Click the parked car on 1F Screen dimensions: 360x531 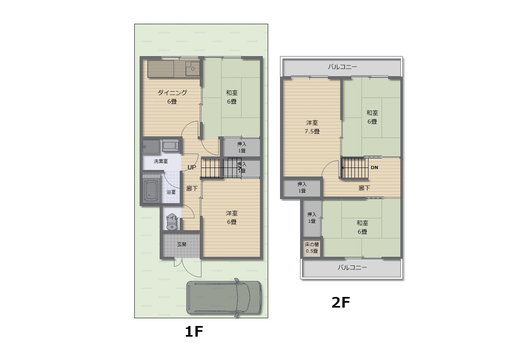coord(224,298)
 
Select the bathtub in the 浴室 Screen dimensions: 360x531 coord(151,190)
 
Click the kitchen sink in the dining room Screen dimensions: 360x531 coord(192,68)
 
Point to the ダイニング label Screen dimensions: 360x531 coord(172,93)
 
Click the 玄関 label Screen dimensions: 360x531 coord(182,245)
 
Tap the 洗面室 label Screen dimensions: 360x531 coord(161,161)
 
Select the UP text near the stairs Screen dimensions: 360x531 coord(192,167)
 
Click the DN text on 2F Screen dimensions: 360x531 coord(375,168)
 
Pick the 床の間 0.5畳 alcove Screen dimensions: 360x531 coord(312,248)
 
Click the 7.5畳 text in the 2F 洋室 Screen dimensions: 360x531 coord(312,131)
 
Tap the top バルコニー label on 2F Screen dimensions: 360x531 coord(342,67)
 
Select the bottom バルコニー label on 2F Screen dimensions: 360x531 coord(352,268)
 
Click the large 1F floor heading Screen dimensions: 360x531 coord(194,332)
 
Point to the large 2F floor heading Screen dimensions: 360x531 coord(341,303)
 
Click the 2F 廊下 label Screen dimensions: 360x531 coord(364,188)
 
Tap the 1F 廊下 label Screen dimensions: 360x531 coord(192,189)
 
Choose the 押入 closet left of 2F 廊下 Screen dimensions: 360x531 coord(302,188)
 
